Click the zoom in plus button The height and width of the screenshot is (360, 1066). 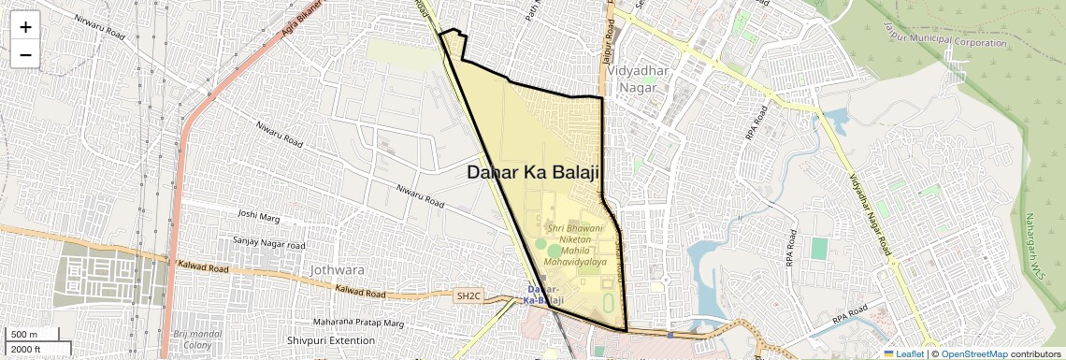[25, 27]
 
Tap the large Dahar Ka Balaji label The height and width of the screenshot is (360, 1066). [533, 172]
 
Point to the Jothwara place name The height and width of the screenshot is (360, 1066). [338, 270]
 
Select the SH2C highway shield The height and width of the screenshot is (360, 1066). [468, 296]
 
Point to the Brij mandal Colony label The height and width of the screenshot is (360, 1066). [194, 339]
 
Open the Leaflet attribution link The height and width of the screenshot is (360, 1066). [904, 354]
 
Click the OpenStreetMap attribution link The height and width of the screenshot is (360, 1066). [973, 354]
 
